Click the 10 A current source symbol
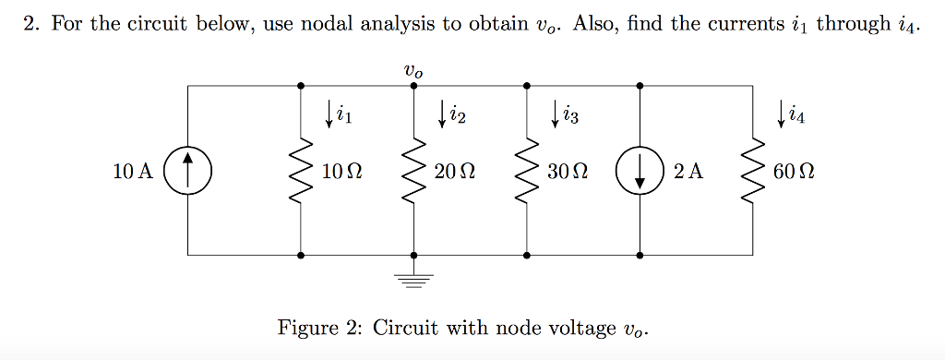coord(187,171)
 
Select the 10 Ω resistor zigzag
coord(301,171)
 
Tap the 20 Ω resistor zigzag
coord(413,171)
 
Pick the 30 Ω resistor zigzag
coord(527,171)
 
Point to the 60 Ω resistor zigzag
coord(754,171)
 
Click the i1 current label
coord(344,115)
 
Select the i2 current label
coord(457,115)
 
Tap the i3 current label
coord(570,115)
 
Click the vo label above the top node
coord(413,69)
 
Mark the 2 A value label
coord(688,171)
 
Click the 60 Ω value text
coord(795,171)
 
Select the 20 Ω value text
coord(455,171)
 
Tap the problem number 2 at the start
coord(30,24)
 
